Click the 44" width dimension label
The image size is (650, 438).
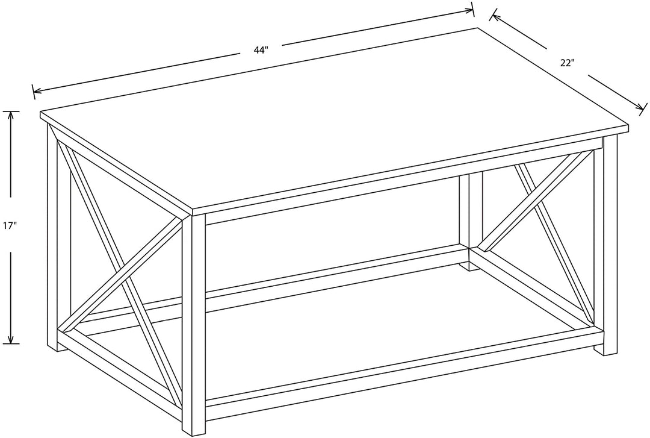(x=260, y=51)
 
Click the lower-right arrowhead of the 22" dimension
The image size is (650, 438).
(x=641, y=107)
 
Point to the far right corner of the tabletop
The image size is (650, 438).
(x=628, y=129)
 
